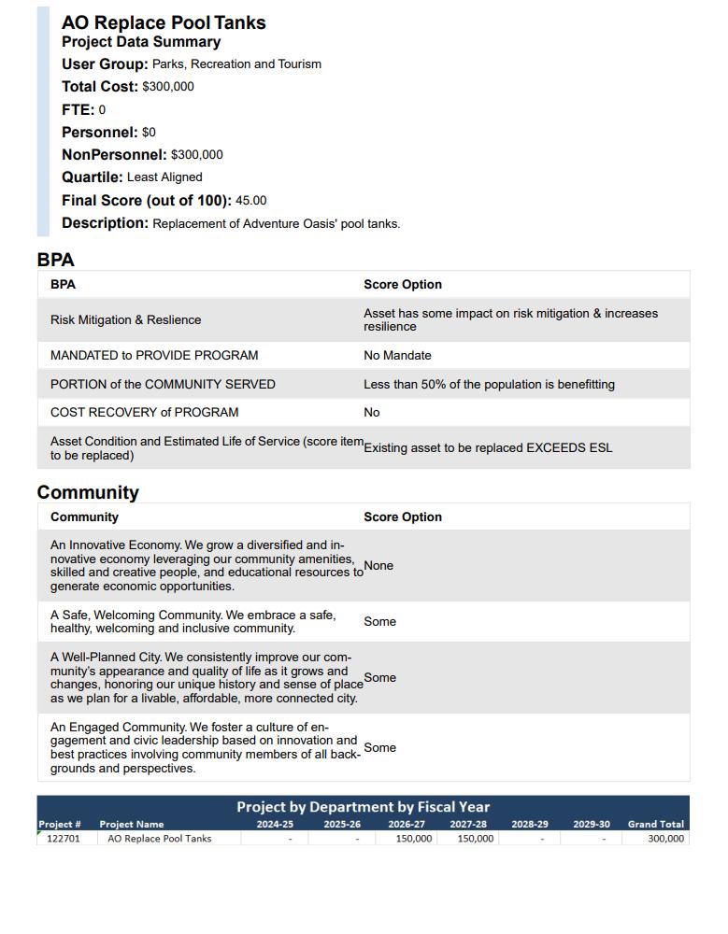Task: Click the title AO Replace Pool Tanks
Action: pyautogui.click(x=164, y=22)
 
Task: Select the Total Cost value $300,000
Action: pyautogui.click(x=168, y=87)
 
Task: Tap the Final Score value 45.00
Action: pyautogui.click(x=250, y=201)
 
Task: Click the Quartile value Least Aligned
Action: pyautogui.click(x=164, y=177)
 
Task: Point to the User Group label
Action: pyautogui.click(x=105, y=64)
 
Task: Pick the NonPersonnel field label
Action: pyautogui.click(x=114, y=155)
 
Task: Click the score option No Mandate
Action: pyautogui.click(x=397, y=356)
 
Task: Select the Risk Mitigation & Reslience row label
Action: pyautogui.click(x=125, y=320)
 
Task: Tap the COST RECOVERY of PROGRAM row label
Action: pyautogui.click(x=144, y=413)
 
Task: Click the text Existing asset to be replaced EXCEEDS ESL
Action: pyautogui.click(x=488, y=448)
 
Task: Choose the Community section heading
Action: pyautogui.click(x=88, y=492)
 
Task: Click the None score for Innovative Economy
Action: pyautogui.click(x=378, y=566)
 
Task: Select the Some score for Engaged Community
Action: pyautogui.click(x=379, y=748)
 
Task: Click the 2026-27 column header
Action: pyautogui.click(x=407, y=825)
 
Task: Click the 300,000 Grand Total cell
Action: pyautogui.click(x=665, y=839)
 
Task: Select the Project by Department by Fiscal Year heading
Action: pyautogui.click(x=363, y=807)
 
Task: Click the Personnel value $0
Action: pyautogui.click(x=149, y=133)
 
